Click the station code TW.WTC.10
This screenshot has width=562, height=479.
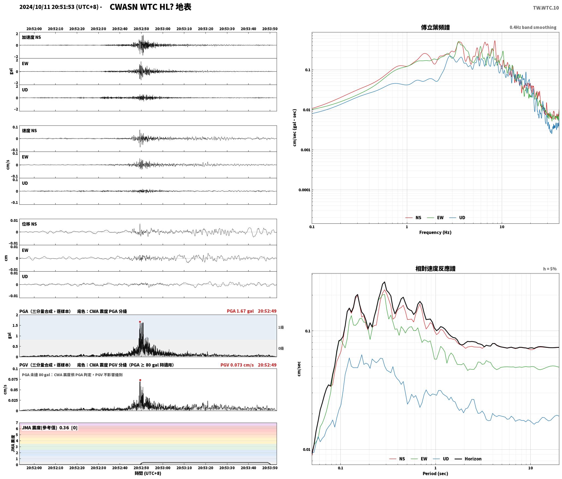pyautogui.click(x=546, y=8)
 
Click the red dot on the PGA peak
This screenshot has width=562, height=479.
pyautogui.click(x=140, y=322)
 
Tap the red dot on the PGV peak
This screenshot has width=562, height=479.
pyautogui.click(x=140, y=380)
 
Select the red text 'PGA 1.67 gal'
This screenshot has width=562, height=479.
pyautogui.click(x=240, y=311)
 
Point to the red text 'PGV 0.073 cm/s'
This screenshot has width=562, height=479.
pyautogui.click(x=237, y=365)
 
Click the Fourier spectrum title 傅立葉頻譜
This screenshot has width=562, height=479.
pyautogui.click(x=435, y=27)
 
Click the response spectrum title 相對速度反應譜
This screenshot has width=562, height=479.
pyautogui.click(x=435, y=269)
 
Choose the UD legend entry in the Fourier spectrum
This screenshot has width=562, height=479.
pyautogui.click(x=458, y=218)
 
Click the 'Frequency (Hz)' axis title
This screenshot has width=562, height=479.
pyautogui.click(x=435, y=232)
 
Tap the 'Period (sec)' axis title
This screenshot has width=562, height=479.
pyautogui.click(x=435, y=474)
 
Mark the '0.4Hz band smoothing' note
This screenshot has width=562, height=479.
pyautogui.click(x=533, y=27)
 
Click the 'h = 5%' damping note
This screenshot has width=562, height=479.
pyautogui.click(x=550, y=269)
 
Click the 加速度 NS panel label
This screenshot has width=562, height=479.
pyautogui.click(x=31, y=37)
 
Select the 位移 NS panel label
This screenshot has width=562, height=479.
pyautogui.click(x=29, y=224)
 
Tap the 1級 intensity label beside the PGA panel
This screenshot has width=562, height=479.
pyautogui.click(x=281, y=327)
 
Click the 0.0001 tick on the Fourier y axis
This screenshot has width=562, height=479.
pyautogui.click(x=304, y=190)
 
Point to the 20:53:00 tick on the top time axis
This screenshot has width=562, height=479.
pyautogui.click(x=163, y=29)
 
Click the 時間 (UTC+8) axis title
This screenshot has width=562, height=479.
pyautogui.click(x=148, y=473)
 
